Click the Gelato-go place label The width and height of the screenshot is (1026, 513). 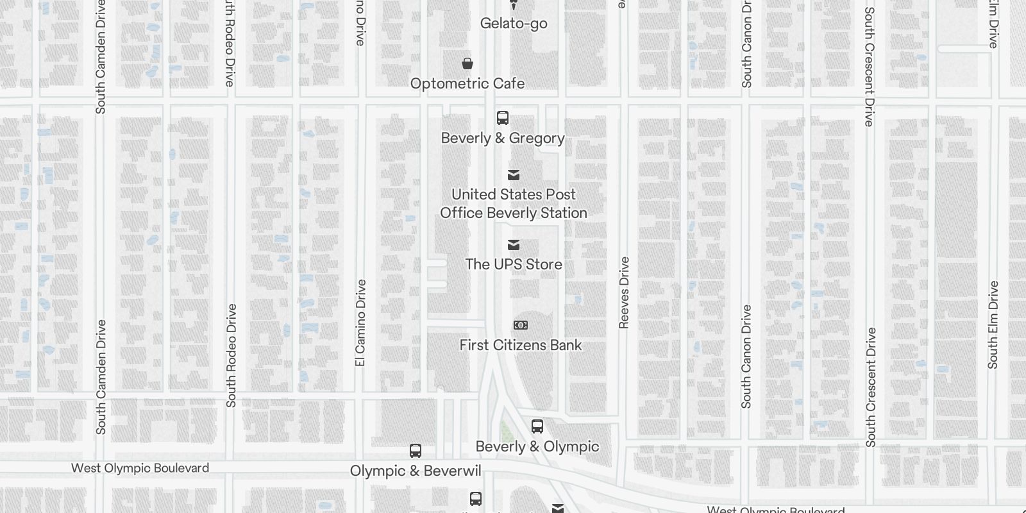coord(514,24)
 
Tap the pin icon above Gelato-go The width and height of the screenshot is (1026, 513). coord(514,4)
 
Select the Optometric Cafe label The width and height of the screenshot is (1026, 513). coord(467,84)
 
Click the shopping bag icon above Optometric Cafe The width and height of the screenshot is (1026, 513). coord(467,63)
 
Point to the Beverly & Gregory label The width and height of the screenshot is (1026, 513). coord(503,139)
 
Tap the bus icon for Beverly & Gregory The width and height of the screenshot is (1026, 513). coord(503,118)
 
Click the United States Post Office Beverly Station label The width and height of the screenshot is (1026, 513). coord(514,203)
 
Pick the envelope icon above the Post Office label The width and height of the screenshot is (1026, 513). coord(514,175)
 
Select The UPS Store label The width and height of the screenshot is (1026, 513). coord(514,264)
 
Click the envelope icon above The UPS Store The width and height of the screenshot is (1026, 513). coord(514,245)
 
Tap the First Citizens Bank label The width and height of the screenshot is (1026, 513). coord(521,345)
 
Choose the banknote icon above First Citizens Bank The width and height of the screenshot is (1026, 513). coord(521,325)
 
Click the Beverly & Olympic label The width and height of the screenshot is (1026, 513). coord(537,446)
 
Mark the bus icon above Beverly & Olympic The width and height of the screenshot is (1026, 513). coord(537,426)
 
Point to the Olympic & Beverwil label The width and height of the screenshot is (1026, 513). coord(416,471)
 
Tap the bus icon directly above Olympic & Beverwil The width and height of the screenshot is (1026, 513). coord(416,451)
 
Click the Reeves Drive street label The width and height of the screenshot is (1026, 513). coord(625,293)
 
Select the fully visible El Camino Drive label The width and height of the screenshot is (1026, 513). coord(360,323)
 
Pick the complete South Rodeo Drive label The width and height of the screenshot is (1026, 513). coord(231,355)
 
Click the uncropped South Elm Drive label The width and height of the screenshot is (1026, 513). coord(993,324)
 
